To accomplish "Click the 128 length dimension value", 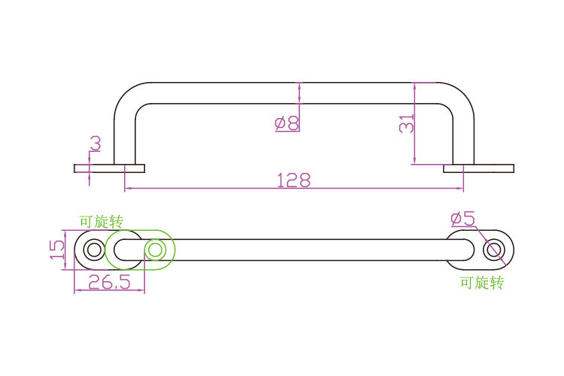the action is point(293,180).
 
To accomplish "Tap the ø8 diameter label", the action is point(287,123).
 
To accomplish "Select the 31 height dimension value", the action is point(407,123).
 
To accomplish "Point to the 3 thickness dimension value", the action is point(96,143).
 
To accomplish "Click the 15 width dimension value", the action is point(57,250).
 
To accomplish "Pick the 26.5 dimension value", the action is point(109,282).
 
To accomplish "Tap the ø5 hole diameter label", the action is point(462,219).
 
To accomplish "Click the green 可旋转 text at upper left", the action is point(101,222).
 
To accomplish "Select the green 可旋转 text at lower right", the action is point(482,283).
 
